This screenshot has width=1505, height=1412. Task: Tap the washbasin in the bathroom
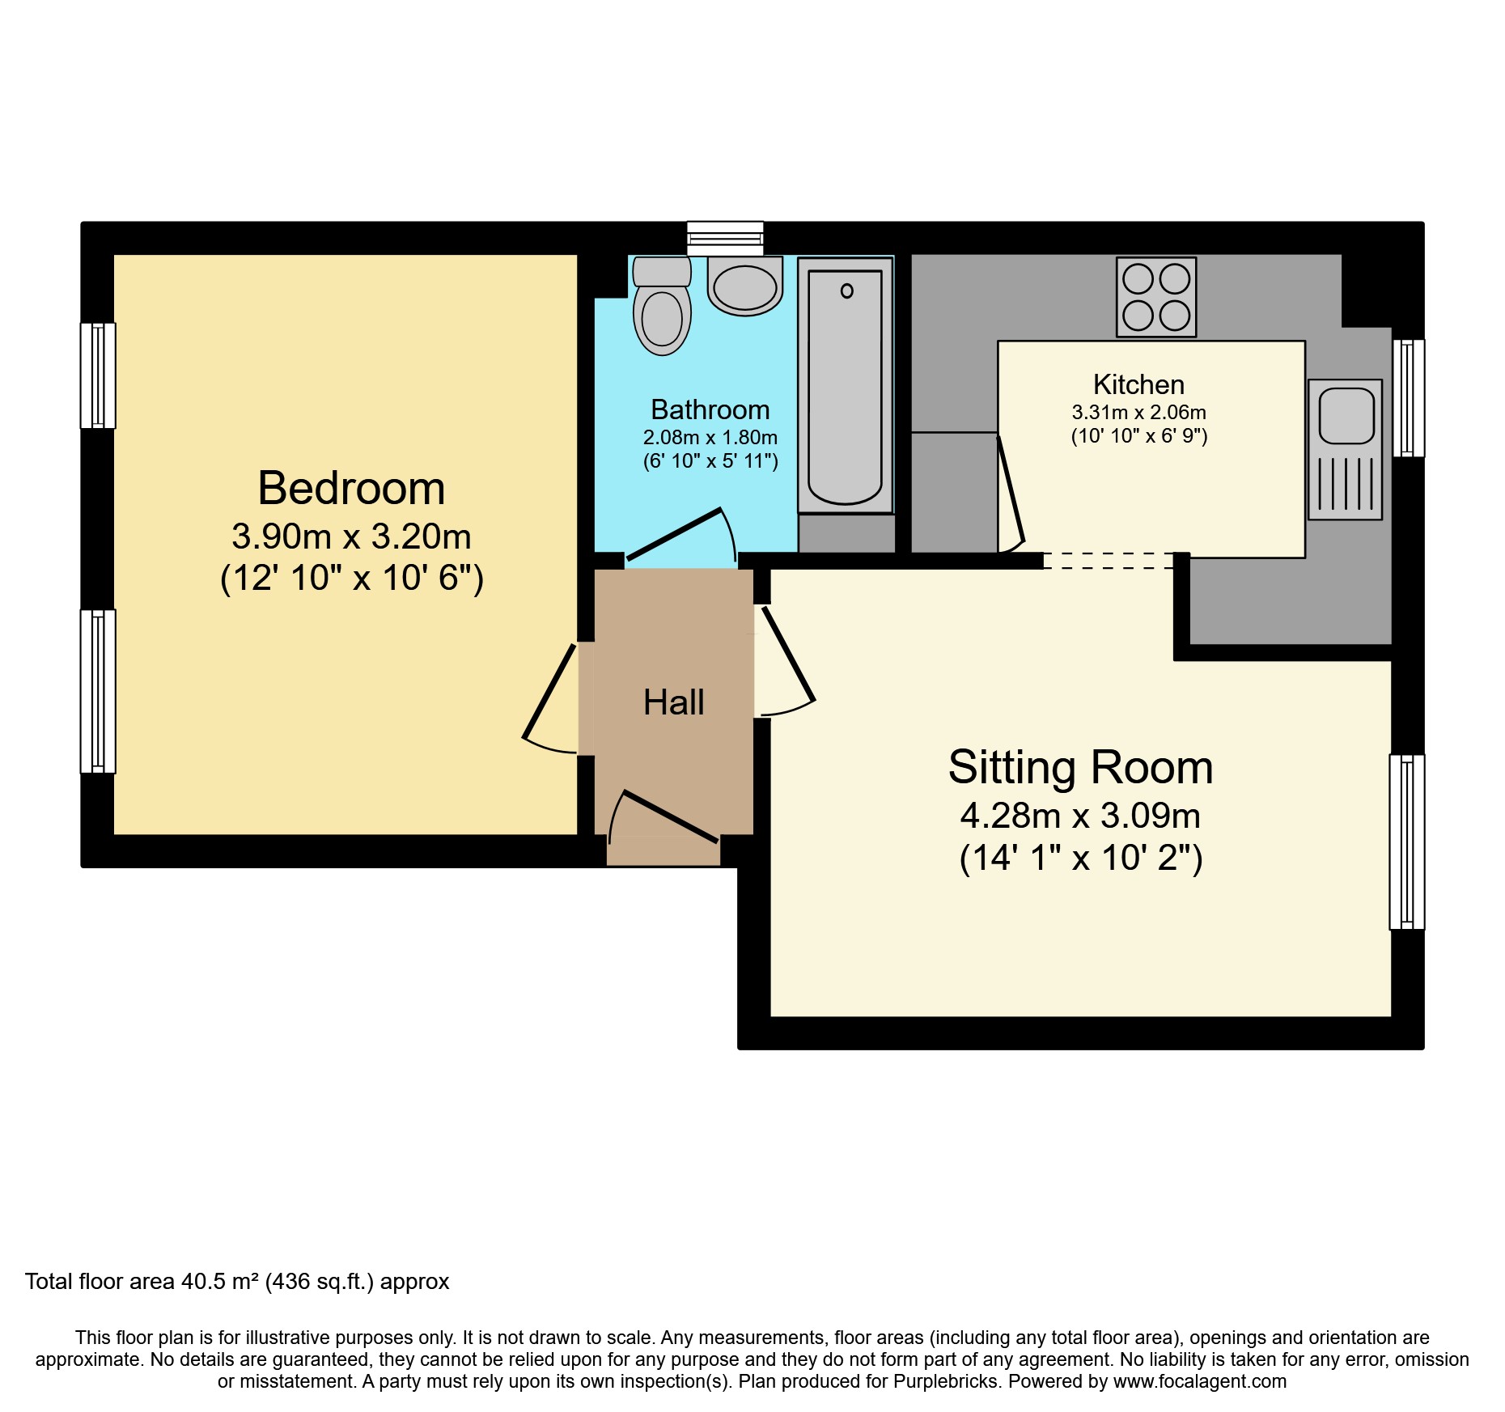[745, 286]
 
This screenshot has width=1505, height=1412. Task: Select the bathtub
[846, 385]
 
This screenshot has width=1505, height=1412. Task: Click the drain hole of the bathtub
[846, 290]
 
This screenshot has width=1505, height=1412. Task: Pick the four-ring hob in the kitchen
[1156, 297]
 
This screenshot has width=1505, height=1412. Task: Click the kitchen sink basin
[1346, 415]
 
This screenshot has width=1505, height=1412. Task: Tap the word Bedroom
[351, 488]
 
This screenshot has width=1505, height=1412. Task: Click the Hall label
[674, 702]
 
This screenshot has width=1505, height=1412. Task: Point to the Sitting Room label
[1081, 767]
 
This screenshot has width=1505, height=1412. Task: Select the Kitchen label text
[1138, 384]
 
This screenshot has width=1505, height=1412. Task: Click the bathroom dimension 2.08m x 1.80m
[710, 438]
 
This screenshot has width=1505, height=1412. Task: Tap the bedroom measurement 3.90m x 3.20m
[351, 536]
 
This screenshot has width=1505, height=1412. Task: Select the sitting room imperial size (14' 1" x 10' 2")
[1081, 858]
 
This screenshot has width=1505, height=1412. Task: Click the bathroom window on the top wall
[725, 238]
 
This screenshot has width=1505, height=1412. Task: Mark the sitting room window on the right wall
[1407, 842]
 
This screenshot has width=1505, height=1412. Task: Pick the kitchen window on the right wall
[1409, 398]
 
